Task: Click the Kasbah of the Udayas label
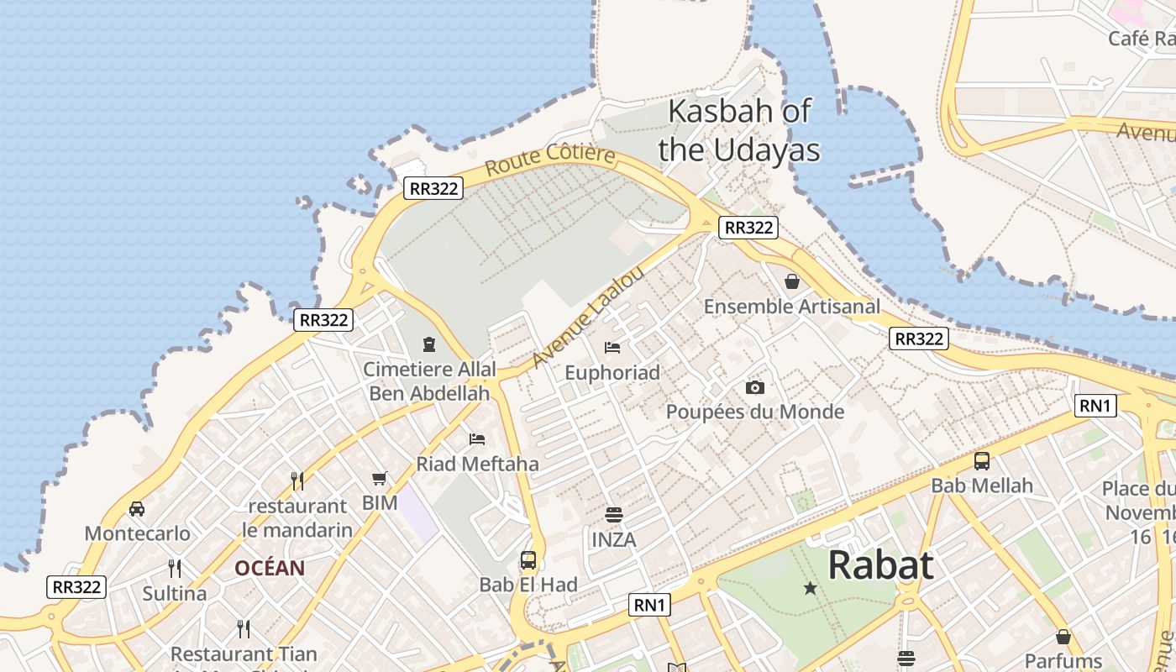[738, 130]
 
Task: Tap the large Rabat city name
[880, 565]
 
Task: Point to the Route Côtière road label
[550, 160]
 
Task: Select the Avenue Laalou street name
[588, 318]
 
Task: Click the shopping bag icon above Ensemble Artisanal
[791, 281]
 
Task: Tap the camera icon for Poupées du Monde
[755, 387]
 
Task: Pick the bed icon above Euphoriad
[612, 347]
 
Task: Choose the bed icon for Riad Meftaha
[477, 438]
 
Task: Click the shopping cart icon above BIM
[380, 478]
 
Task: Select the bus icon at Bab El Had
[528, 559]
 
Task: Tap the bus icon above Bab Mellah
[982, 460]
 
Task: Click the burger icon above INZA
[614, 514]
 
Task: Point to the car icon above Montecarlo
[137, 508]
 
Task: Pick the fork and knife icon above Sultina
[175, 569]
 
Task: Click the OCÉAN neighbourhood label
[270, 569]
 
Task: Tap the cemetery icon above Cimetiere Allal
[429, 344]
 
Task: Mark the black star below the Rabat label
[811, 588]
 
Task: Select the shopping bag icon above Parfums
[1063, 636]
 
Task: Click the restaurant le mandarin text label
[297, 518]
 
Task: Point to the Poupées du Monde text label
[755, 412]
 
